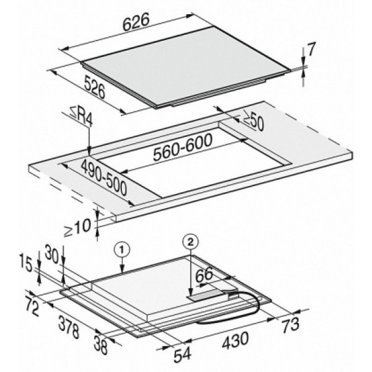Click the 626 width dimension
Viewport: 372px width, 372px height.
point(136,22)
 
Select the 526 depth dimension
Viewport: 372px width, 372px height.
point(94,87)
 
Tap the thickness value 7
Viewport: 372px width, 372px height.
point(311,50)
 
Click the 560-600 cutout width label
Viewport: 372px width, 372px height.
point(182,148)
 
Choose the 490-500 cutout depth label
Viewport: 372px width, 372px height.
point(104,177)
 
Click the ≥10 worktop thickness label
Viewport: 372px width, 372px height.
point(77,228)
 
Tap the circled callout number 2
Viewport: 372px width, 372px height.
point(190,241)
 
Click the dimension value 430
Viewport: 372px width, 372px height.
point(236,340)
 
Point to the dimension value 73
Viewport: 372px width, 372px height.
point(291,324)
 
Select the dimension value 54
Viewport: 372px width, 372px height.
point(182,355)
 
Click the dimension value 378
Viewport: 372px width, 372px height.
point(69,327)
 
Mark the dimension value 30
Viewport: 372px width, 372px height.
point(51,255)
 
